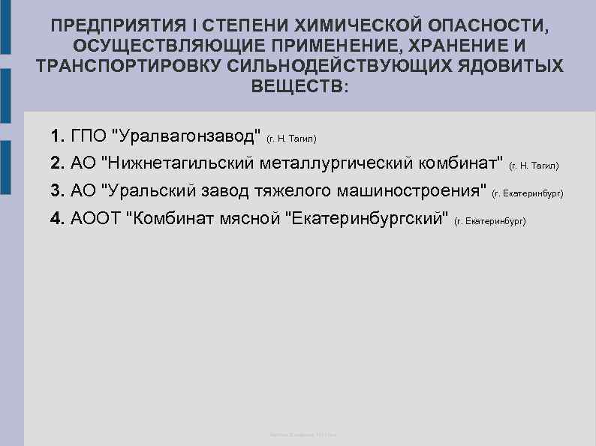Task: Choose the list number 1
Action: pos(58,137)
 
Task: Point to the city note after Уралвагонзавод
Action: pos(292,139)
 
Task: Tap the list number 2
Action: pos(58,163)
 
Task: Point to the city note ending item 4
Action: pos(490,222)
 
